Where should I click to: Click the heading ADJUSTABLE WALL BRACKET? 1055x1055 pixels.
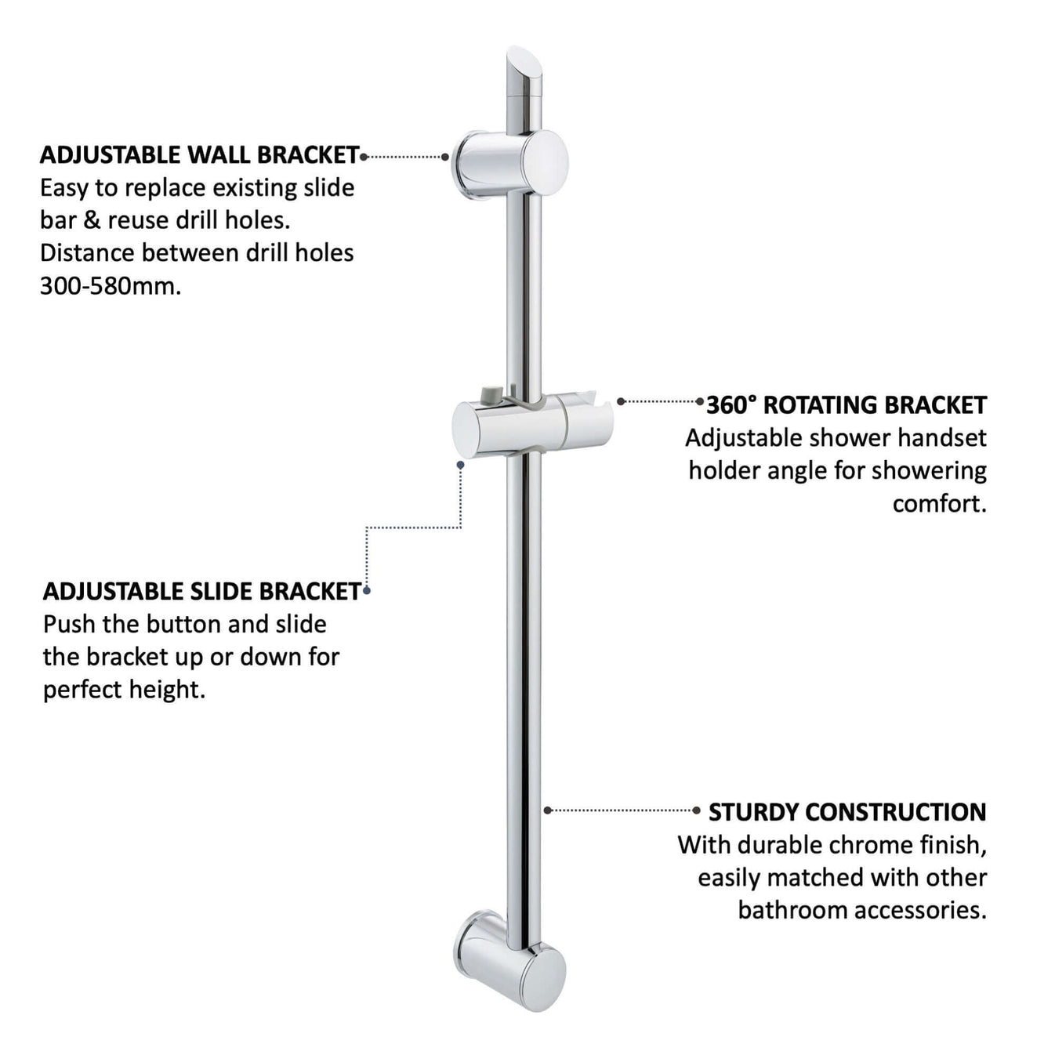click(199, 154)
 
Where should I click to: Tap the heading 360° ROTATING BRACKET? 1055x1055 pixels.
click(846, 404)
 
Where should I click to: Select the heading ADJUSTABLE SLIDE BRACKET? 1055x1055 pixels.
click(201, 591)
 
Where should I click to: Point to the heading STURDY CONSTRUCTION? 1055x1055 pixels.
click(847, 811)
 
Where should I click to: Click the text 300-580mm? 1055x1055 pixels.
click(110, 286)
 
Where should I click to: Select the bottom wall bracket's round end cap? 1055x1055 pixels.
click(542, 977)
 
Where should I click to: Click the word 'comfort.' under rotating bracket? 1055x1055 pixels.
click(939, 503)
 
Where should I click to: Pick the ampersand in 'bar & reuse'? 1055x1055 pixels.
click(92, 220)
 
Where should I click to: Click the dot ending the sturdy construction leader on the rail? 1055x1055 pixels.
click(548, 810)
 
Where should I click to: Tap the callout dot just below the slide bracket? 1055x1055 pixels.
click(461, 465)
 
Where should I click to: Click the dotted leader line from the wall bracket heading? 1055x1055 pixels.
click(404, 157)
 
